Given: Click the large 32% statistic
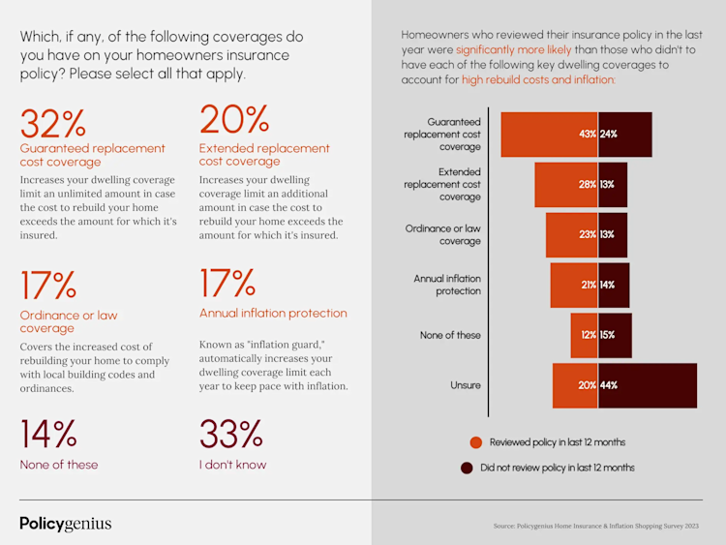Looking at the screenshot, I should (53, 124).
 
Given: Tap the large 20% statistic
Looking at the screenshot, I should (233, 120).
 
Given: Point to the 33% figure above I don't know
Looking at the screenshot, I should (231, 435).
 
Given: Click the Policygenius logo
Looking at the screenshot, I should (66, 524).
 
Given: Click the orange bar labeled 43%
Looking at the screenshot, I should (549, 135).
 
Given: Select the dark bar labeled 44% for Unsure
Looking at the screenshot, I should (648, 385).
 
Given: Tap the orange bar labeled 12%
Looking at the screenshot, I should (584, 335).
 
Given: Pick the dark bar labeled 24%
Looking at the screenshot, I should (625, 135).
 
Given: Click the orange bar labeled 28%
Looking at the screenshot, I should (566, 184).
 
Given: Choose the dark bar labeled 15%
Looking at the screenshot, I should (615, 335).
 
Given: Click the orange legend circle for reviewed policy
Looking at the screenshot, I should (476, 442).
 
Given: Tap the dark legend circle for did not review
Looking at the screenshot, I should (467, 468).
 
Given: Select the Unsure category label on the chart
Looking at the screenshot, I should (465, 385).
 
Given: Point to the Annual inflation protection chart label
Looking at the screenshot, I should (447, 285).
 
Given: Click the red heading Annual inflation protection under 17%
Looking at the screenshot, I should (273, 314).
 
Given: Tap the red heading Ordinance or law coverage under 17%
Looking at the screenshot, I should (69, 321).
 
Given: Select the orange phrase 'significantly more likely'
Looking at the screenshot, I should (512, 47).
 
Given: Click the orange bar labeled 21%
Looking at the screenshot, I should (574, 285).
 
